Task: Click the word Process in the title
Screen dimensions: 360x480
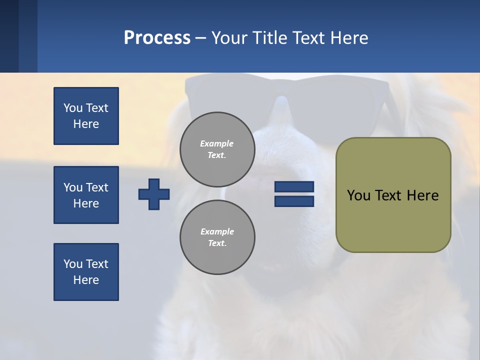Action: coord(157,38)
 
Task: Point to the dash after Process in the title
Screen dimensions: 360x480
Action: coord(200,38)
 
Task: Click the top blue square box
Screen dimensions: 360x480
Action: coord(86,116)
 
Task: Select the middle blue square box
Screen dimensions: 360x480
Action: coord(86,195)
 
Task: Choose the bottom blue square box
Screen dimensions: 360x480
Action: coord(86,272)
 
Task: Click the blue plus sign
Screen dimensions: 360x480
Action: coord(154,194)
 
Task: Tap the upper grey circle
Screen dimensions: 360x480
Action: coord(217,149)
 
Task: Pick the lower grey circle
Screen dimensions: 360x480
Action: coord(217,237)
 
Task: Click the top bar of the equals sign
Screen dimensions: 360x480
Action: coord(294,187)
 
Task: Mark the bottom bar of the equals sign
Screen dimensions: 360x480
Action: coord(294,201)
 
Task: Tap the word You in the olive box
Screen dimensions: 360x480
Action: coord(359,195)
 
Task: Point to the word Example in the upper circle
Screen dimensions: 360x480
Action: coord(217,143)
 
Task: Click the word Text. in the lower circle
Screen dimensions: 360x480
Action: coord(217,243)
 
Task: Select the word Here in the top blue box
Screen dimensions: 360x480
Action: coord(86,124)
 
